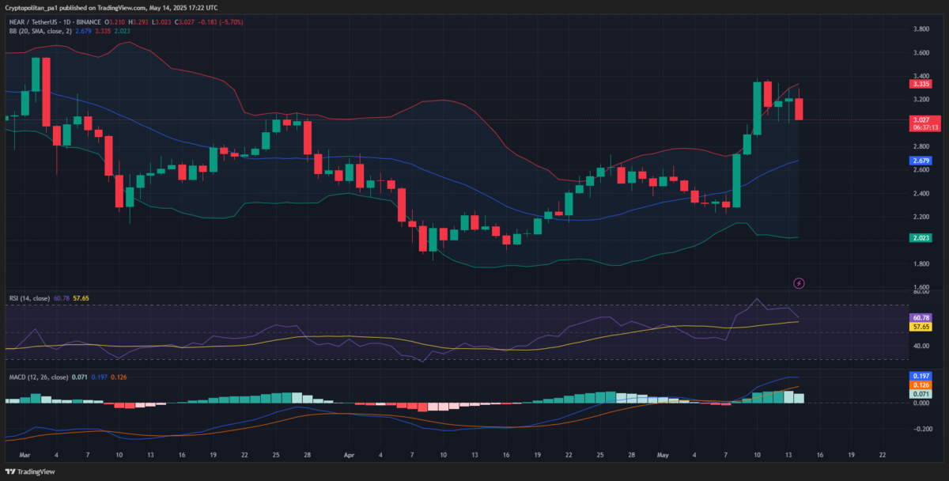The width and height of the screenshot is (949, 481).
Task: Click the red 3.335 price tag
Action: pyautogui.click(x=920, y=84)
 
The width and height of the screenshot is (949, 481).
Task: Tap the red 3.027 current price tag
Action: pyautogui.click(x=920, y=119)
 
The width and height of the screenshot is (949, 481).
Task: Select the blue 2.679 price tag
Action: pyautogui.click(x=920, y=160)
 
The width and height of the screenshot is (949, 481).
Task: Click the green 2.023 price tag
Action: pyautogui.click(x=920, y=237)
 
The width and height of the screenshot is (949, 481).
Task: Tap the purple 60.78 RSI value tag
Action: pyautogui.click(x=920, y=317)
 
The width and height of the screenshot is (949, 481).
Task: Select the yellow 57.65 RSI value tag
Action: pyautogui.click(x=920, y=326)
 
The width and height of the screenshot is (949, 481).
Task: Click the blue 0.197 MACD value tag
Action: pyautogui.click(x=920, y=376)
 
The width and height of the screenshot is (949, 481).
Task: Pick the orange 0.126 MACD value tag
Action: pyautogui.click(x=920, y=384)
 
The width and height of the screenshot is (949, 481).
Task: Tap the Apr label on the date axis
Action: pyautogui.click(x=349, y=456)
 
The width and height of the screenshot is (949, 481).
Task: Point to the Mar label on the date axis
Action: pyautogui.click(x=24, y=456)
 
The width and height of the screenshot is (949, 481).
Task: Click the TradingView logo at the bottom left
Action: pyautogui.click(x=32, y=472)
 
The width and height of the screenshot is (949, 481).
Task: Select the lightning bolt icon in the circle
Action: pyautogui.click(x=799, y=283)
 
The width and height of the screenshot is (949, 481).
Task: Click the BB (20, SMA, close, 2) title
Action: pyautogui.click(x=40, y=31)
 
